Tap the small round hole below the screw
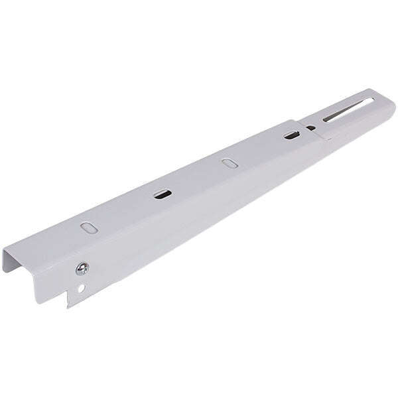pyautogui.click(x=81, y=289)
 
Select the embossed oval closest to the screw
pyautogui.click(x=88, y=226)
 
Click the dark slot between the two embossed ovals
pyautogui.click(x=161, y=194)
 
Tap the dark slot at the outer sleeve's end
pyautogui.click(x=291, y=135)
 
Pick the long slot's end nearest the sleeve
pyautogui.click(x=326, y=120)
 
